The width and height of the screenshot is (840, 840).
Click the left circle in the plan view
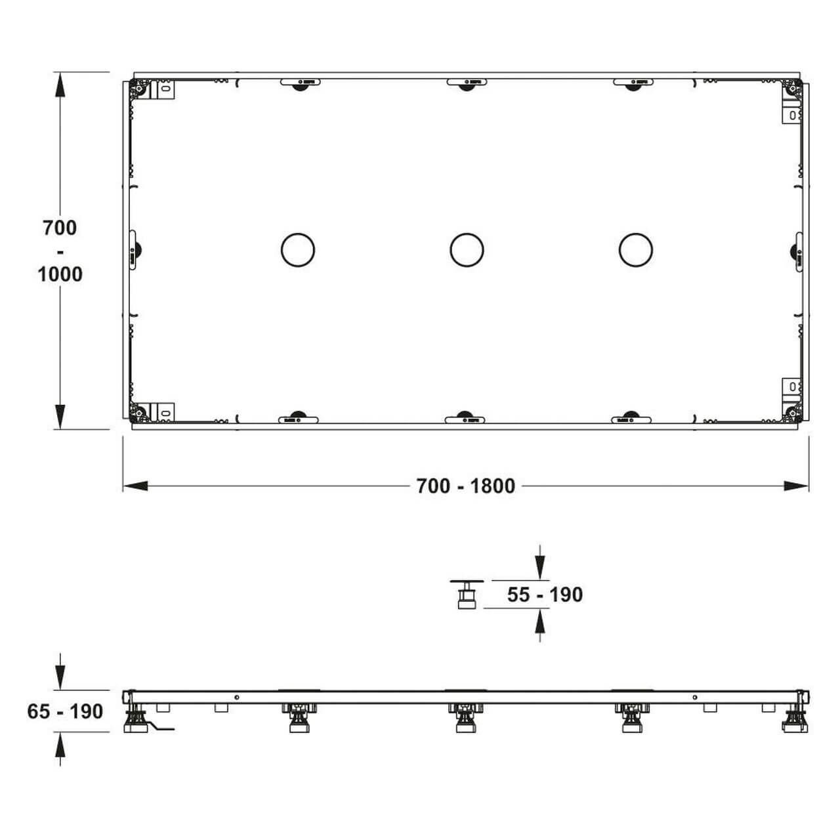click(x=297, y=250)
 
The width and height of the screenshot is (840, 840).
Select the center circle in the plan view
click(x=467, y=250)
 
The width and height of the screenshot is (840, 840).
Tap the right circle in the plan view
click(x=635, y=250)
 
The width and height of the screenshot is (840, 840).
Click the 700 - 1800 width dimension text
click(x=466, y=486)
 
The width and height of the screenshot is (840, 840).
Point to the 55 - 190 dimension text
click(x=545, y=595)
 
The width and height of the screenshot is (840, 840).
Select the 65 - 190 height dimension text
click(x=65, y=711)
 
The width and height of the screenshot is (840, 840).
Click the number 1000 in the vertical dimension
click(x=60, y=274)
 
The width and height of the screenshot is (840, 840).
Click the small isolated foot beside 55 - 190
click(x=467, y=594)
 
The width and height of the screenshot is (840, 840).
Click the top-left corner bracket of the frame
click(x=139, y=88)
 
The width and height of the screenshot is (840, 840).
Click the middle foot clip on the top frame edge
click(x=467, y=84)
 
